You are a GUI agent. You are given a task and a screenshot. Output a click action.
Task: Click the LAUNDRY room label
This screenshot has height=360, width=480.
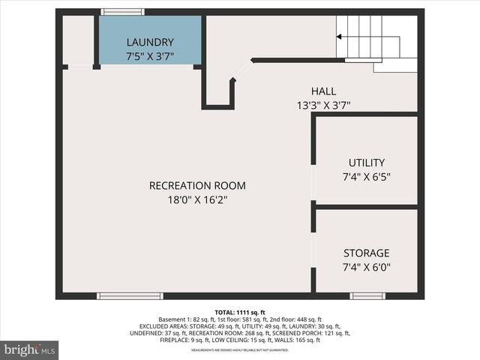pos(150,42)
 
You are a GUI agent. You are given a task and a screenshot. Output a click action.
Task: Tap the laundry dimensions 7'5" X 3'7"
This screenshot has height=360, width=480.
pos(150,56)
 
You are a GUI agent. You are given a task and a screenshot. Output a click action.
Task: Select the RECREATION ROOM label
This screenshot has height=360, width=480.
pos(197,186)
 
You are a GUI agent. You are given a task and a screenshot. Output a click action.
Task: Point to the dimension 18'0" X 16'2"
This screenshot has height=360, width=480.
pos(197,200)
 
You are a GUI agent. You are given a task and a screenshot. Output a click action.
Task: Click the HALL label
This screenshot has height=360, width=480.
pos(324,91)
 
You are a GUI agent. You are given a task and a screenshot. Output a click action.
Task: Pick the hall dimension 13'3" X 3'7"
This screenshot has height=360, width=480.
pos(324,106)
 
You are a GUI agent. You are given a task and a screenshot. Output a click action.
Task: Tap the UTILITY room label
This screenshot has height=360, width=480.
pos(367,163)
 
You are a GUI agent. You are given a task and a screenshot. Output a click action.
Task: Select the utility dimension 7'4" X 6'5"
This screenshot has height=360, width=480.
pos(367,177)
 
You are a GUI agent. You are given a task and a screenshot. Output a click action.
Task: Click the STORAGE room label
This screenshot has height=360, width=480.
pos(367,253)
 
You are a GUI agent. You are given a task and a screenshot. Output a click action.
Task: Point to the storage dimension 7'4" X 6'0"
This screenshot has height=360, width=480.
pos(367,267)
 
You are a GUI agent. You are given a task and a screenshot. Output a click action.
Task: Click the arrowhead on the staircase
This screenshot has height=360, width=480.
pos(340,36)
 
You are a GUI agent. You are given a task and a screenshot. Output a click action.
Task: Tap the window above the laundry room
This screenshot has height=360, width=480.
pos(123,12)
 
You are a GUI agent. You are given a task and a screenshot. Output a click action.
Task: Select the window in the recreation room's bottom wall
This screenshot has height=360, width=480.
pos(130,295)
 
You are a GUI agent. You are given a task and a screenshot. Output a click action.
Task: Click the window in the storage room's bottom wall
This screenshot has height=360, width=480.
pos(367,295)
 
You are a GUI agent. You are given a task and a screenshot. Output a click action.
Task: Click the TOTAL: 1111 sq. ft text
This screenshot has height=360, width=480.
pos(240,312)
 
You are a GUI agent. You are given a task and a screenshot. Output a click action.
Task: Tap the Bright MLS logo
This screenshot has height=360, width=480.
pos(30,349)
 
